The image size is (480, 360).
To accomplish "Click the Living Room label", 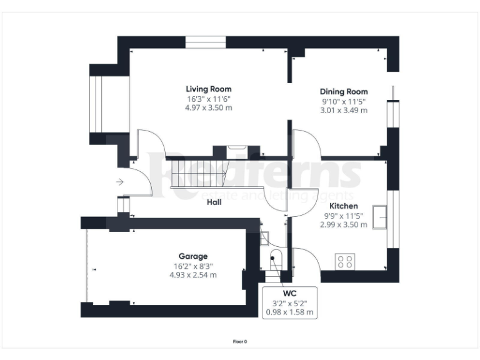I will [x=208, y=89].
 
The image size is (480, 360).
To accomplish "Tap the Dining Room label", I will [x=344, y=91].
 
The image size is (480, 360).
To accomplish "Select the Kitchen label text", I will [x=344, y=206].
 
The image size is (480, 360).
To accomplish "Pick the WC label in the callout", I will [x=289, y=293].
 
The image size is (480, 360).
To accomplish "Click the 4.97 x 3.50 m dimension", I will [x=208, y=107].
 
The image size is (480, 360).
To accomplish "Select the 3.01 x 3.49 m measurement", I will [x=344, y=110].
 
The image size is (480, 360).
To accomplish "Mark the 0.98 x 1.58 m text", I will [x=289, y=312].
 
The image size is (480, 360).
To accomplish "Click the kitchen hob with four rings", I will [x=344, y=261].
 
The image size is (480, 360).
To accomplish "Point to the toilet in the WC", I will [x=275, y=259].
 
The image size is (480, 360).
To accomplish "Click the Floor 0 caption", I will [x=240, y=342].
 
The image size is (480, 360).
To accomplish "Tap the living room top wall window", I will [x=206, y=42].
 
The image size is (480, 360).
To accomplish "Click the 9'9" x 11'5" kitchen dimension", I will [x=344, y=216].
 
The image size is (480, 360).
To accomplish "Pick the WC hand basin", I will [x=264, y=237].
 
